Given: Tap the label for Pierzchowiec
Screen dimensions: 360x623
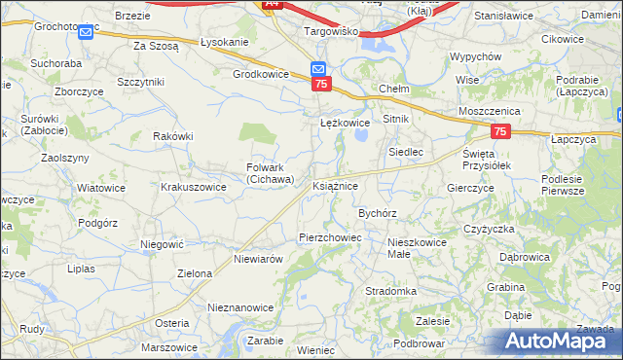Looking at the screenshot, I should click(330, 236).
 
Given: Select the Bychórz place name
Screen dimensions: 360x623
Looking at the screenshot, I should click(378, 212).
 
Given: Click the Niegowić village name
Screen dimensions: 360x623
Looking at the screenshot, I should click(163, 244).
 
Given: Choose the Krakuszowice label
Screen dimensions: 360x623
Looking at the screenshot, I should click(194, 186).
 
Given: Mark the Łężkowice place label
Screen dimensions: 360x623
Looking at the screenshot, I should click(346, 124).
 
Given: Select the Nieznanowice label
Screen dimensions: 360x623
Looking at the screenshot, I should click(240, 306).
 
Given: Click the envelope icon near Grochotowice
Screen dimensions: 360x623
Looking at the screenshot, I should click(85, 33).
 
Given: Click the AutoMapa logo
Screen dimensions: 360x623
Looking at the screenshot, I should click(561, 341).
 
